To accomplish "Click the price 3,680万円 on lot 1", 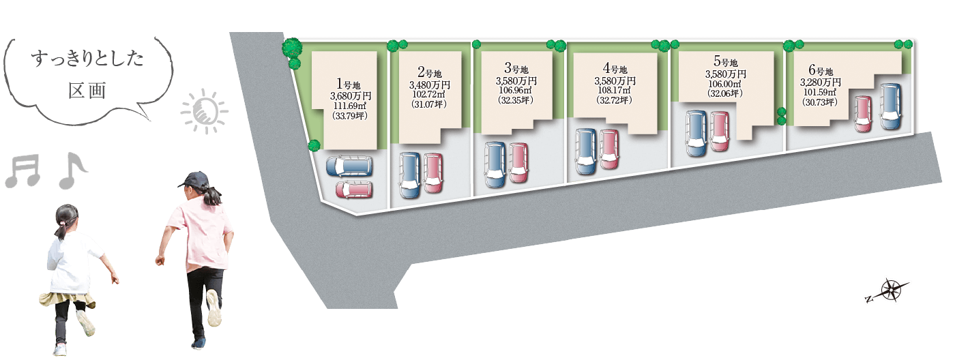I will (350, 96).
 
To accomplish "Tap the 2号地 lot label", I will (429, 72).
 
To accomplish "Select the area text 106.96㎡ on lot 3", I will (516, 90).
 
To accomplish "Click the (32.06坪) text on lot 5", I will (725, 93).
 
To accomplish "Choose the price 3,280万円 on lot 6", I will (820, 82).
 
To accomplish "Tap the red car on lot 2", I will (433, 172).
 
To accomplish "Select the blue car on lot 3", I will (495, 164).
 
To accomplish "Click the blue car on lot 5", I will (697, 133).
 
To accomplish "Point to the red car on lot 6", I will (863, 113).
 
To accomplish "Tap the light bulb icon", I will (205, 111).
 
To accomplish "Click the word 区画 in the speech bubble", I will (87, 91).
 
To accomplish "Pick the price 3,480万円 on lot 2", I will (429, 85).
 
